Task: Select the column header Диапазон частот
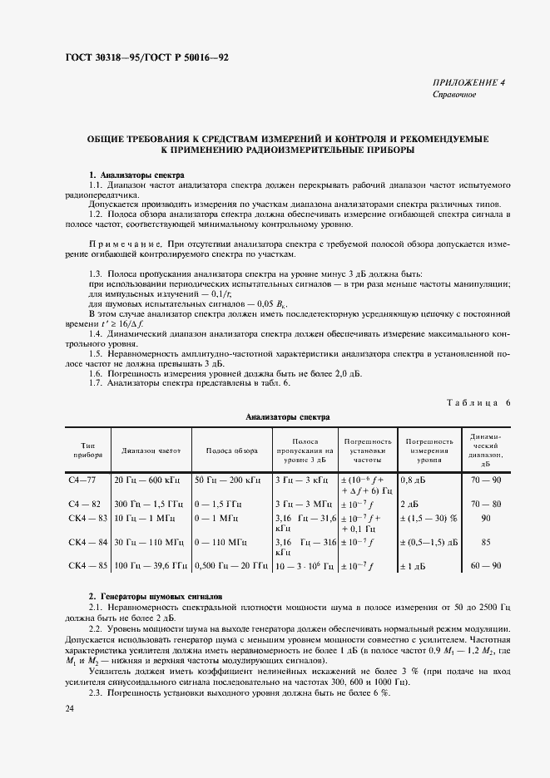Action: click(150, 451)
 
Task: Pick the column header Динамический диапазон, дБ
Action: click(485, 451)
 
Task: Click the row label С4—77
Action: click(82, 480)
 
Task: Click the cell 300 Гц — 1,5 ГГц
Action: click(151, 504)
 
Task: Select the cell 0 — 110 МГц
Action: click(220, 541)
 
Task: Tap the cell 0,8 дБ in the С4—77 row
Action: click(413, 480)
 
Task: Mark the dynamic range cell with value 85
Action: click(485, 541)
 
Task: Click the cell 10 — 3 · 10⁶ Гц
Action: click(304, 565)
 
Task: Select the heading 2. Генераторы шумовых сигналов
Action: click(156, 597)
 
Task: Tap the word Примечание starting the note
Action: click(125, 243)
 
